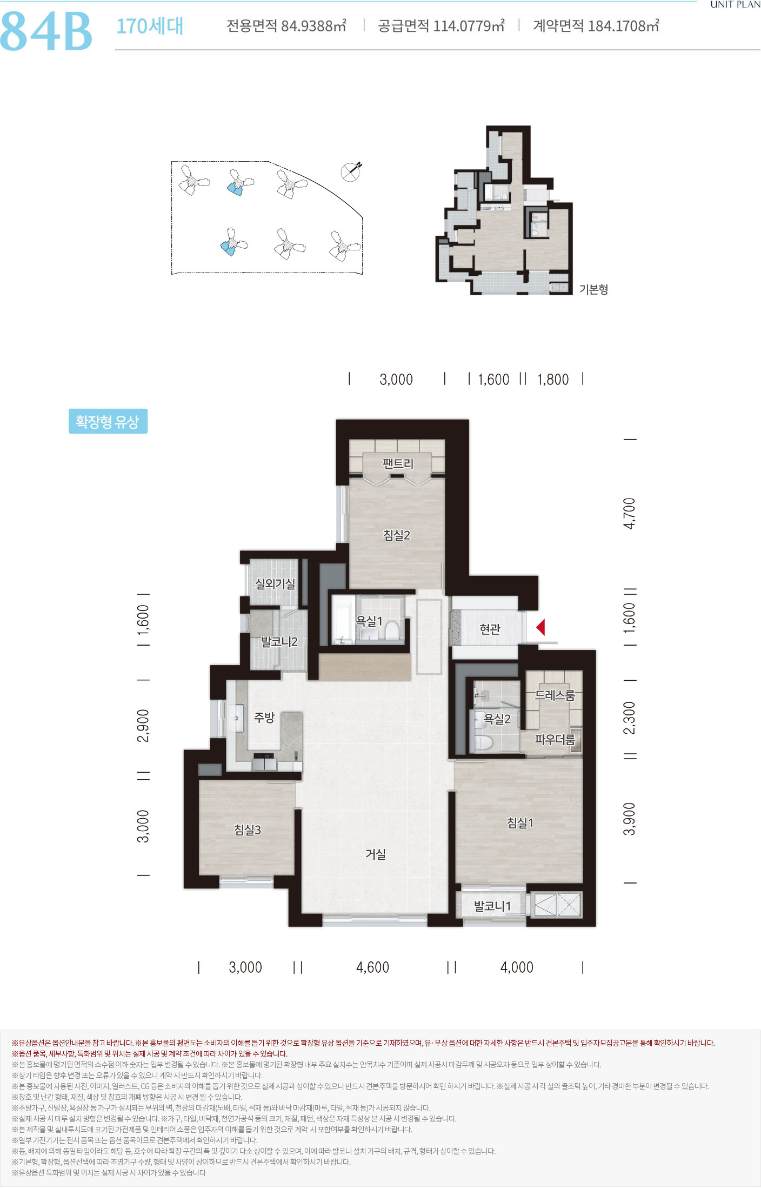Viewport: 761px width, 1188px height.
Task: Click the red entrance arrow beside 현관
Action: click(x=540, y=627)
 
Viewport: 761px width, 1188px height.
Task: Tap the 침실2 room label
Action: click(x=397, y=535)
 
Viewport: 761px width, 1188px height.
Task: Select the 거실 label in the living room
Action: click(x=376, y=854)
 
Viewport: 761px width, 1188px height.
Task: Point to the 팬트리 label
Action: click(x=398, y=463)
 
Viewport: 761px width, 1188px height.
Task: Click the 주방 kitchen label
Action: click(x=264, y=717)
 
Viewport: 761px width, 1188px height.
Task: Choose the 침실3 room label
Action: click(x=248, y=829)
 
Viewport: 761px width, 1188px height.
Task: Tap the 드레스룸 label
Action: click(x=555, y=695)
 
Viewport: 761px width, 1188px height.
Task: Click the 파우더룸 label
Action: click(x=555, y=739)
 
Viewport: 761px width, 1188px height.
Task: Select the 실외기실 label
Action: click(x=275, y=584)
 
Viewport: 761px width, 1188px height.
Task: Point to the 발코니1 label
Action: click(x=492, y=906)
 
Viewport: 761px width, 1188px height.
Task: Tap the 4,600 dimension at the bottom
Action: click(x=372, y=967)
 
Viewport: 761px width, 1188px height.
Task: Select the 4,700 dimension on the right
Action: click(x=630, y=513)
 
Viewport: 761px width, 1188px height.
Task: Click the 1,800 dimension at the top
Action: click(x=553, y=380)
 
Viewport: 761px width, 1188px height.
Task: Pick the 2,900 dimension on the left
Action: click(x=143, y=725)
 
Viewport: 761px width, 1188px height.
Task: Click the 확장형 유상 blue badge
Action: click(x=108, y=421)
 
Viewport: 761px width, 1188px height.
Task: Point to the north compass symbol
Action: click(x=351, y=171)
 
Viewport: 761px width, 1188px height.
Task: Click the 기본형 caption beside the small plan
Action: click(x=594, y=289)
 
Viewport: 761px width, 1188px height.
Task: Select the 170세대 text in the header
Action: click(x=150, y=26)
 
